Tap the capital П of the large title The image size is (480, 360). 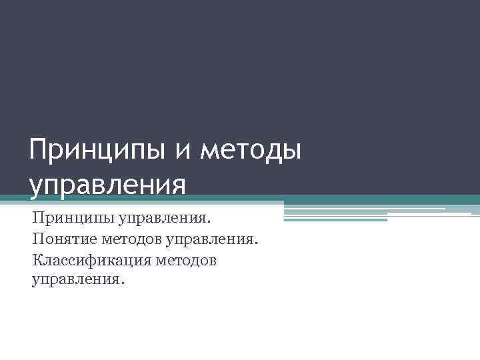coord(39,150)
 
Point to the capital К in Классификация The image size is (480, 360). coord(36,259)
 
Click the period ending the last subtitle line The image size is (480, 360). coord(122,283)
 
